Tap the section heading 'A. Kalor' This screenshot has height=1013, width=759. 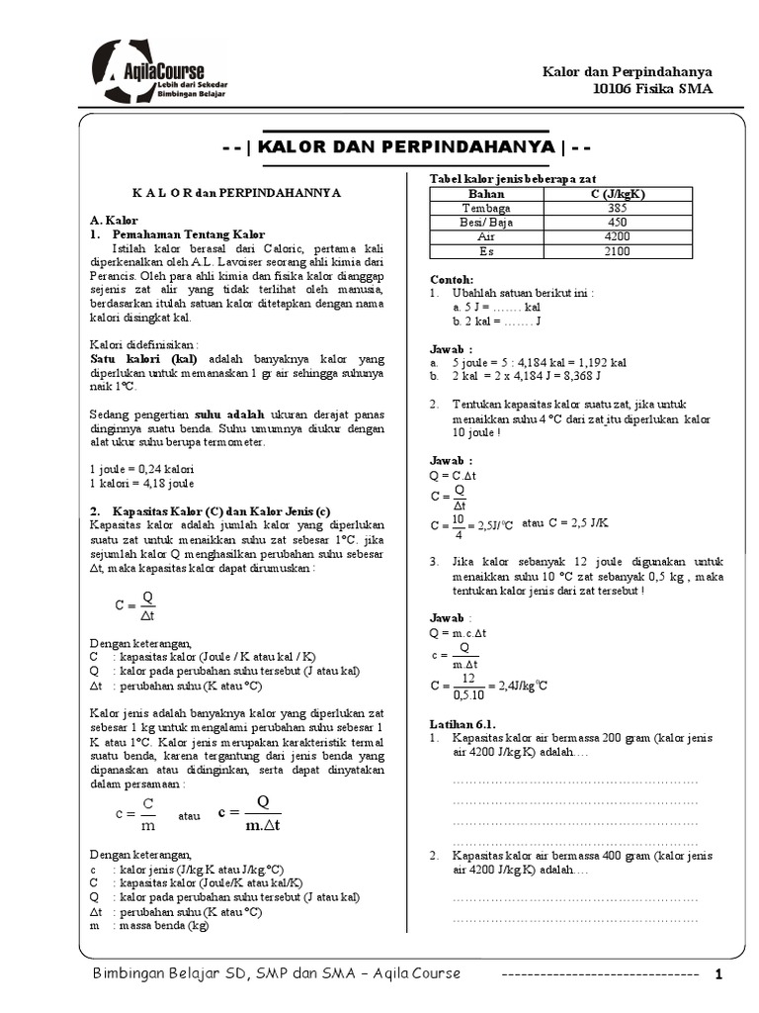click(114, 220)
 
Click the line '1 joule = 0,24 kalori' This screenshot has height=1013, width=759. click(141, 468)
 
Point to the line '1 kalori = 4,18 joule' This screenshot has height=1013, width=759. click(141, 483)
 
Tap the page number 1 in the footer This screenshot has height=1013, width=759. click(719, 974)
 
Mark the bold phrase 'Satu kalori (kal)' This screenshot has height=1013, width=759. click(143, 358)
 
